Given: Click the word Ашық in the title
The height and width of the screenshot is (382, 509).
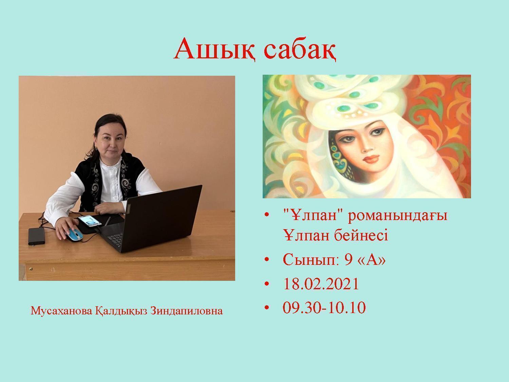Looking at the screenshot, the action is coord(214,49).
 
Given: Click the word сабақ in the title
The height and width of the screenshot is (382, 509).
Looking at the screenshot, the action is coord(300,49).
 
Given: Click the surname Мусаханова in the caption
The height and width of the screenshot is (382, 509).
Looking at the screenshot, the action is coord(61,311).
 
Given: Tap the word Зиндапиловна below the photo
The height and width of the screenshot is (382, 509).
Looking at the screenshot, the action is coord(186,311).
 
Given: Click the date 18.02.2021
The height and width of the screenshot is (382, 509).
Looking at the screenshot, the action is coord(321,284).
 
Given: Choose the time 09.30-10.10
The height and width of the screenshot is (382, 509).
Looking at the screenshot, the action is coord(324,308).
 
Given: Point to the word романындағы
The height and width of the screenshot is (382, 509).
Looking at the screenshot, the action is coord(397,216).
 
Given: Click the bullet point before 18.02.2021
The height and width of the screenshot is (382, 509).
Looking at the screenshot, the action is coord(267,284).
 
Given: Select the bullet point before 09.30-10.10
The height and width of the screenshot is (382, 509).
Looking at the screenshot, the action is coord(267,308).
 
